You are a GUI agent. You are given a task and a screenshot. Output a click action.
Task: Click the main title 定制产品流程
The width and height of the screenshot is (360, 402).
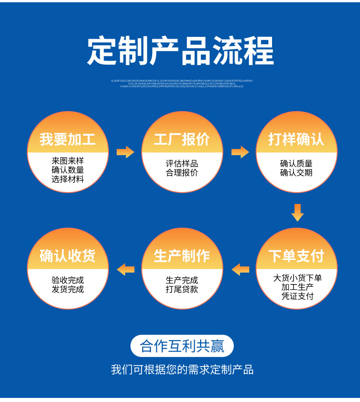(x=180, y=51)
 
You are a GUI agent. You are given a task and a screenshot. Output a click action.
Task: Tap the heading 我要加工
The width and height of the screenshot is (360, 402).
(x=67, y=139)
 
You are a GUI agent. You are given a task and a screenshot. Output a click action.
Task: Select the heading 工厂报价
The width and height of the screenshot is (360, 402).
(x=182, y=139)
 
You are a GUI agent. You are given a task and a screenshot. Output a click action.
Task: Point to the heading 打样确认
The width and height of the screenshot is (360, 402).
(x=296, y=139)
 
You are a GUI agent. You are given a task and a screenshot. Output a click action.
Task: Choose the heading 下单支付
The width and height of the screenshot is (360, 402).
(x=296, y=256)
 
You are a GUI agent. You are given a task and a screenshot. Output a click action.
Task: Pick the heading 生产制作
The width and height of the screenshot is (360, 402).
(x=182, y=256)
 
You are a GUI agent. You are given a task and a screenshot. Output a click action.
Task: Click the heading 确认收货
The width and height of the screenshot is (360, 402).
(x=67, y=256)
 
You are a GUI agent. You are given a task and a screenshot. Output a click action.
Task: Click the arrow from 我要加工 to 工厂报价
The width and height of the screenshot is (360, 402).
(x=125, y=152)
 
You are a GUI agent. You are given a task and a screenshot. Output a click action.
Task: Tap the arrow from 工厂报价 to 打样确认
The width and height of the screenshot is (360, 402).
(x=240, y=152)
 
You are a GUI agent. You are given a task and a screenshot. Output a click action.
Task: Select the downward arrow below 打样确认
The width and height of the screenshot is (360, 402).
(x=297, y=213)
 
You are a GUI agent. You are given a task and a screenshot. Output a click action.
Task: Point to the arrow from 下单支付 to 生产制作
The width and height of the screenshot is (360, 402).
(x=240, y=269)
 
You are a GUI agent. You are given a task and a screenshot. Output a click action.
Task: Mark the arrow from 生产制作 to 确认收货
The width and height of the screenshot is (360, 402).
(x=126, y=269)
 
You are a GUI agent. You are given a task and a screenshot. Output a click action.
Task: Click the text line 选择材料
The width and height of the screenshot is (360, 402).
(x=68, y=179)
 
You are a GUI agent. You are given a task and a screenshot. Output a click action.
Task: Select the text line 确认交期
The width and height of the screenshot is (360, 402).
(x=296, y=173)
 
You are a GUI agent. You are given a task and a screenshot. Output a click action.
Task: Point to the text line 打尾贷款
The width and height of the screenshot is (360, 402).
(x=182, y=290)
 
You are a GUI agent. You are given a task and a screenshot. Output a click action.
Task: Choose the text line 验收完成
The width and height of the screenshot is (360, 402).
(x=68, y=280)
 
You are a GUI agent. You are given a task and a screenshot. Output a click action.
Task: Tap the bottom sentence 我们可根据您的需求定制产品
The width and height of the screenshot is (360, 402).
(x=182, y=370)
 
